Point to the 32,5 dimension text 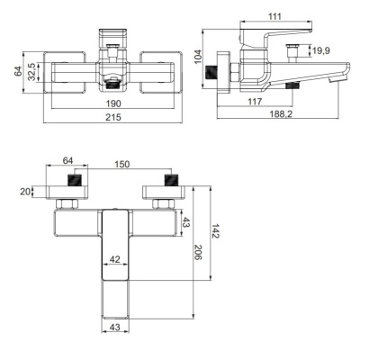(31, 71)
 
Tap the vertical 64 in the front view (16, 71)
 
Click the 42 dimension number (114, 259)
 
